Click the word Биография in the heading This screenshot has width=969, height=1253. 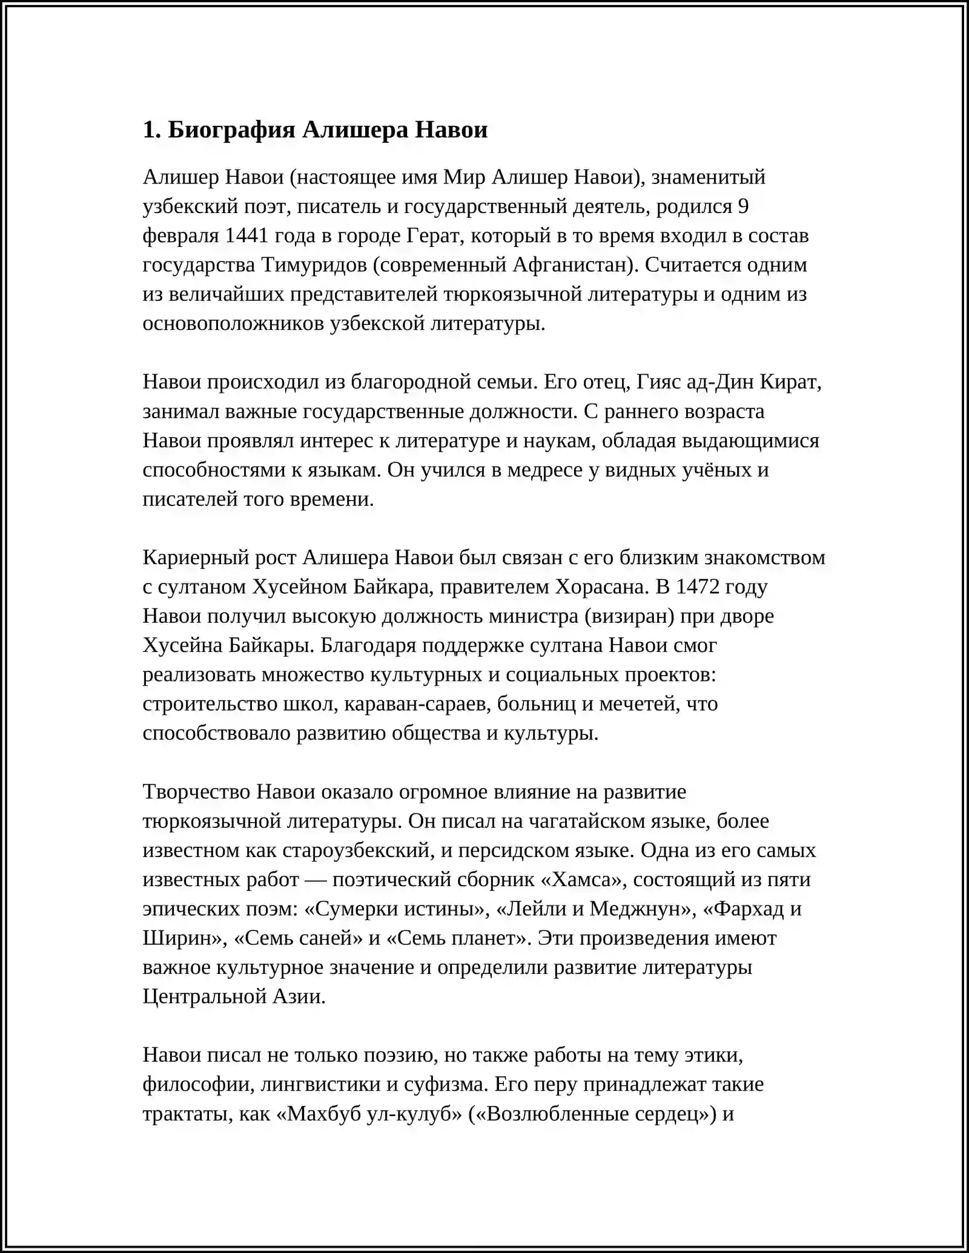point(231,130)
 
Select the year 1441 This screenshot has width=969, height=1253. point(246,235)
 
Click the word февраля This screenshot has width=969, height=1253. point(180,235)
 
